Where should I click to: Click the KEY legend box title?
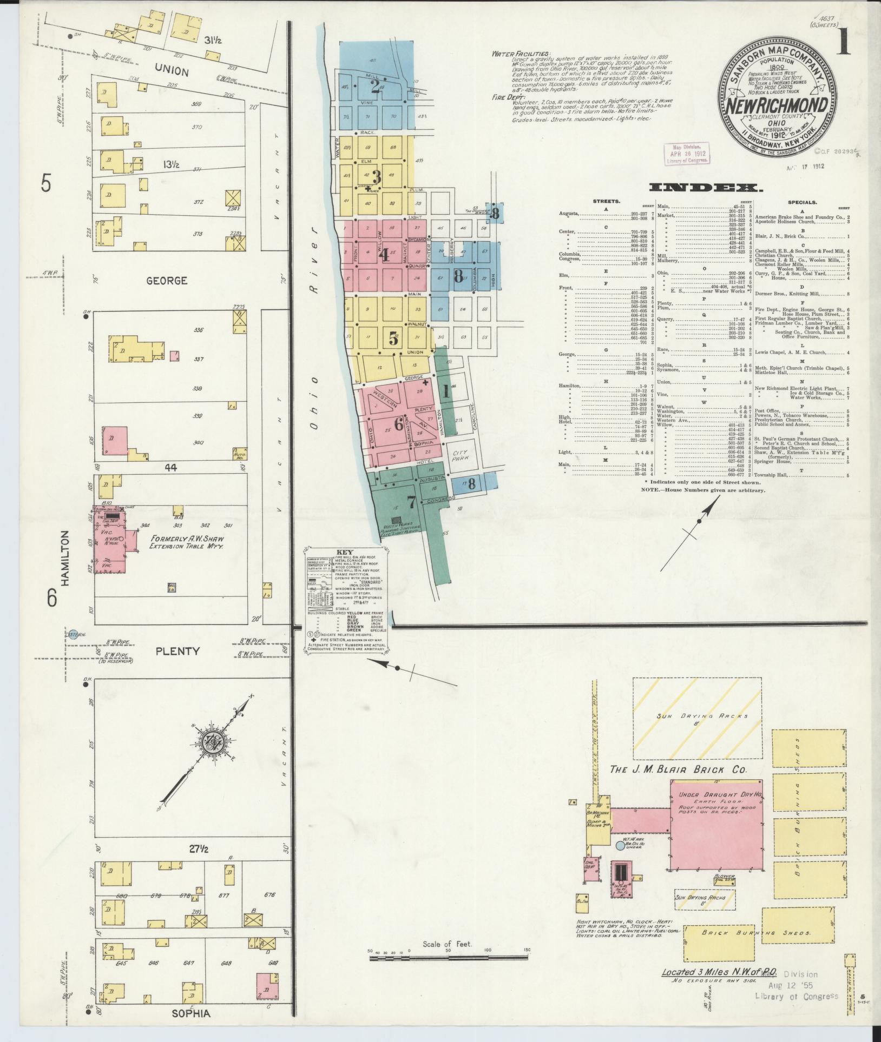point(345,553)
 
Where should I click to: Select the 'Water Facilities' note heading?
point(521,54)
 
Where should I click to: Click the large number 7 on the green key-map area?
point(412,502)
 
